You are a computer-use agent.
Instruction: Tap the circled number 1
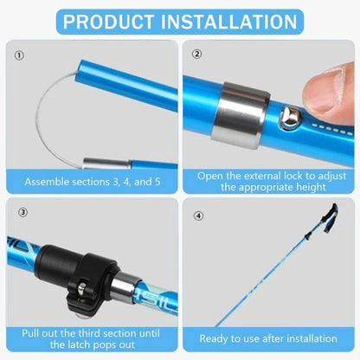18,55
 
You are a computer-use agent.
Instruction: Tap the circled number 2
196,55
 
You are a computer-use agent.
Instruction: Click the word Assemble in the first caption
49,183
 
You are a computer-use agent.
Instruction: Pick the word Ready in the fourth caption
215,338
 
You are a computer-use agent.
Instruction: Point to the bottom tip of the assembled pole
216,325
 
